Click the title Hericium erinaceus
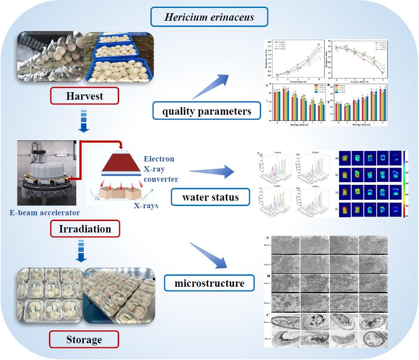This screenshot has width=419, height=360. pyautogui.click(x=209, y=18)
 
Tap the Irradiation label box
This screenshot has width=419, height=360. pyautogui.click(x=85, y=229)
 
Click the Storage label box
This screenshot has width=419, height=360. pyautogui.click(x=84, y=340)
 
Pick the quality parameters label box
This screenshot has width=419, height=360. pyautogui.click(x=206, y=110)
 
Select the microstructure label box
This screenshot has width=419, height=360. pyautogui.click(x=209, y=282)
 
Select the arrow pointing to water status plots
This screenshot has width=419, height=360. pyautogui.click(x=211, y=171)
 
